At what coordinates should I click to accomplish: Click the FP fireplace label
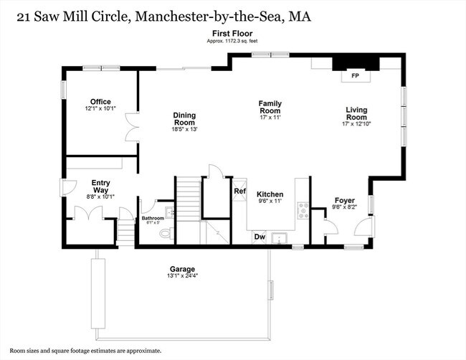pyautogui.click(x=354, y=75)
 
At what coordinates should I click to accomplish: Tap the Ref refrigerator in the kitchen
pyautogui.click(x=239, y=191)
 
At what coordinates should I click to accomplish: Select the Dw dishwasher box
pyautogui.click(x=260, y=237)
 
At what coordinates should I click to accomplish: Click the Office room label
pyautogui.click(x=100, y=102)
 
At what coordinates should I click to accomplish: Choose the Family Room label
pyautogui.click(x=270, y=108)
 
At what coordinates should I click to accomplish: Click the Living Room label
pyautogui.click(x=356, y=114)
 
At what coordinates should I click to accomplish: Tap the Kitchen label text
pyautogui.click(x=270, y=194)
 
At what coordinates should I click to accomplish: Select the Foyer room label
pyautogui.click(x=345, y=200)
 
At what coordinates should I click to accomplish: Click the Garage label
pyautogui.click(x=183, y=269)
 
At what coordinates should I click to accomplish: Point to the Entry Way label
pyautogui.click(x=100, y=186)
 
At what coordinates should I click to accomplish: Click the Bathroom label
pyautogui.click(x=153, y=218)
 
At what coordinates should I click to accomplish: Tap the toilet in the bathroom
pyautogui.click(x=164, y=233)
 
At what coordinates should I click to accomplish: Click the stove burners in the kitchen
pyautogui.click(x=303, y=210)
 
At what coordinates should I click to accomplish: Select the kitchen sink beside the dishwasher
pyautogui.click(x=280, y=237)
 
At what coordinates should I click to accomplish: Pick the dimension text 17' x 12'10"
pyautogui.click(x=356, y=124)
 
